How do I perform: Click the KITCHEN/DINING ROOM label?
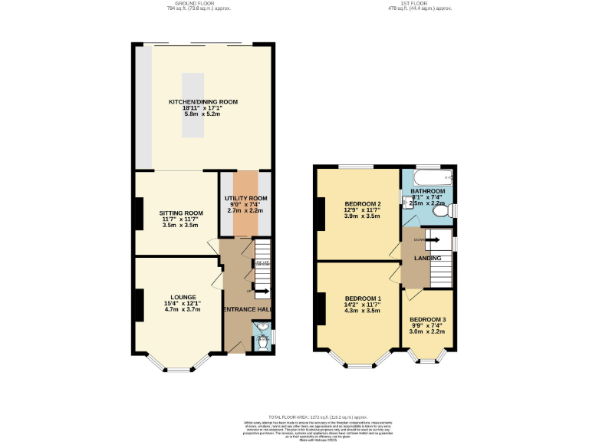click(x=203, y=101)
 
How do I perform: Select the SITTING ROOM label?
click(x=181, y=213)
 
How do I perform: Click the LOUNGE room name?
click(x=184, y=297)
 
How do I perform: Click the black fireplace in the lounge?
click(x=139, y=305)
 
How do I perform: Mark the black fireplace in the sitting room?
click(x=139, y=213)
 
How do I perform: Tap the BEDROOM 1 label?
click(x=363, y=298)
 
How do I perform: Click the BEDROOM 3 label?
click(x=428, y=319)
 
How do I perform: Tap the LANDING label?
click(x=427, y=258)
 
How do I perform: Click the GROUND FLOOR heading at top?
click(x=196, y=3)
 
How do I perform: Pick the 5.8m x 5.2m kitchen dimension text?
click(x=203, y=114)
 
